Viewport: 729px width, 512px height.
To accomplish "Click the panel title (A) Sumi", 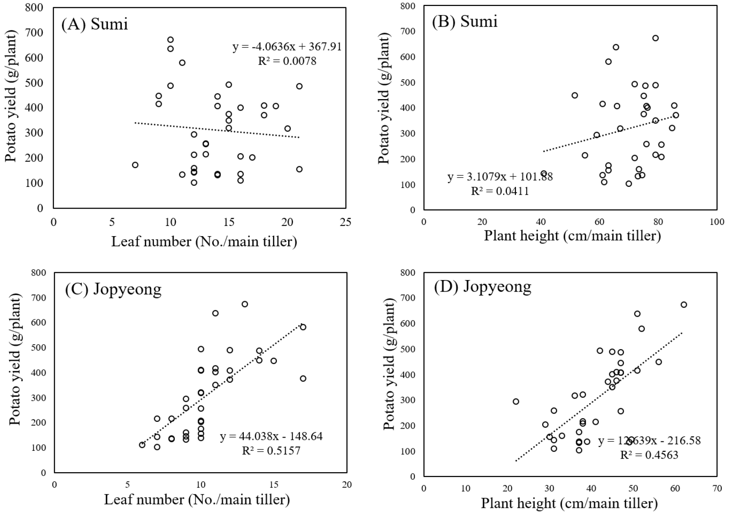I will click(95, 24).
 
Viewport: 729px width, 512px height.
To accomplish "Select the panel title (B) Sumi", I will click(464, 21).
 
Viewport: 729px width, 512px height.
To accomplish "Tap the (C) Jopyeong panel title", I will click(113, 289).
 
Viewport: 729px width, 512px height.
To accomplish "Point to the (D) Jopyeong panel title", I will click(482, 287).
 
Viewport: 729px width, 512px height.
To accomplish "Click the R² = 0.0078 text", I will click(287, 61).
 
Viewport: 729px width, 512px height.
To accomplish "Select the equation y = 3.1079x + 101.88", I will click(500, 176).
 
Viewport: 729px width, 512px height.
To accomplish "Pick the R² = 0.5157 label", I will click(271, 450).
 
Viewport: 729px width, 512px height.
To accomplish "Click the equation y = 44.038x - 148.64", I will click(271, 436).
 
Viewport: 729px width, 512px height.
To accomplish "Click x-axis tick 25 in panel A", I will click(346, 222).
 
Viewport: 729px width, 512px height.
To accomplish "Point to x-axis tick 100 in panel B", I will click(717, 222).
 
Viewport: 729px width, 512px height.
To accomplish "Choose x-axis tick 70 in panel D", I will click(717, 488).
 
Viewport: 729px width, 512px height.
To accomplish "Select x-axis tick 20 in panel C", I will click(347, 485).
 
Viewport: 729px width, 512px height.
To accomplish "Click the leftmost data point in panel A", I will click(135, 165).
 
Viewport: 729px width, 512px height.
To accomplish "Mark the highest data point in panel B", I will click(655, 38).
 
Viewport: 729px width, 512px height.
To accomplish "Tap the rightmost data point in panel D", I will click(684, 304).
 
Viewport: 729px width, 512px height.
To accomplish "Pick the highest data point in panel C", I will click(245, 304).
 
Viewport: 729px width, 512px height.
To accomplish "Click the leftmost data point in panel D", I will click(516, 401).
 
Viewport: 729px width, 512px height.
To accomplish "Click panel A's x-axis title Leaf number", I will click(204, 241).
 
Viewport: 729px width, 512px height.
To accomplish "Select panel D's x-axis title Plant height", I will click(570, 503).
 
